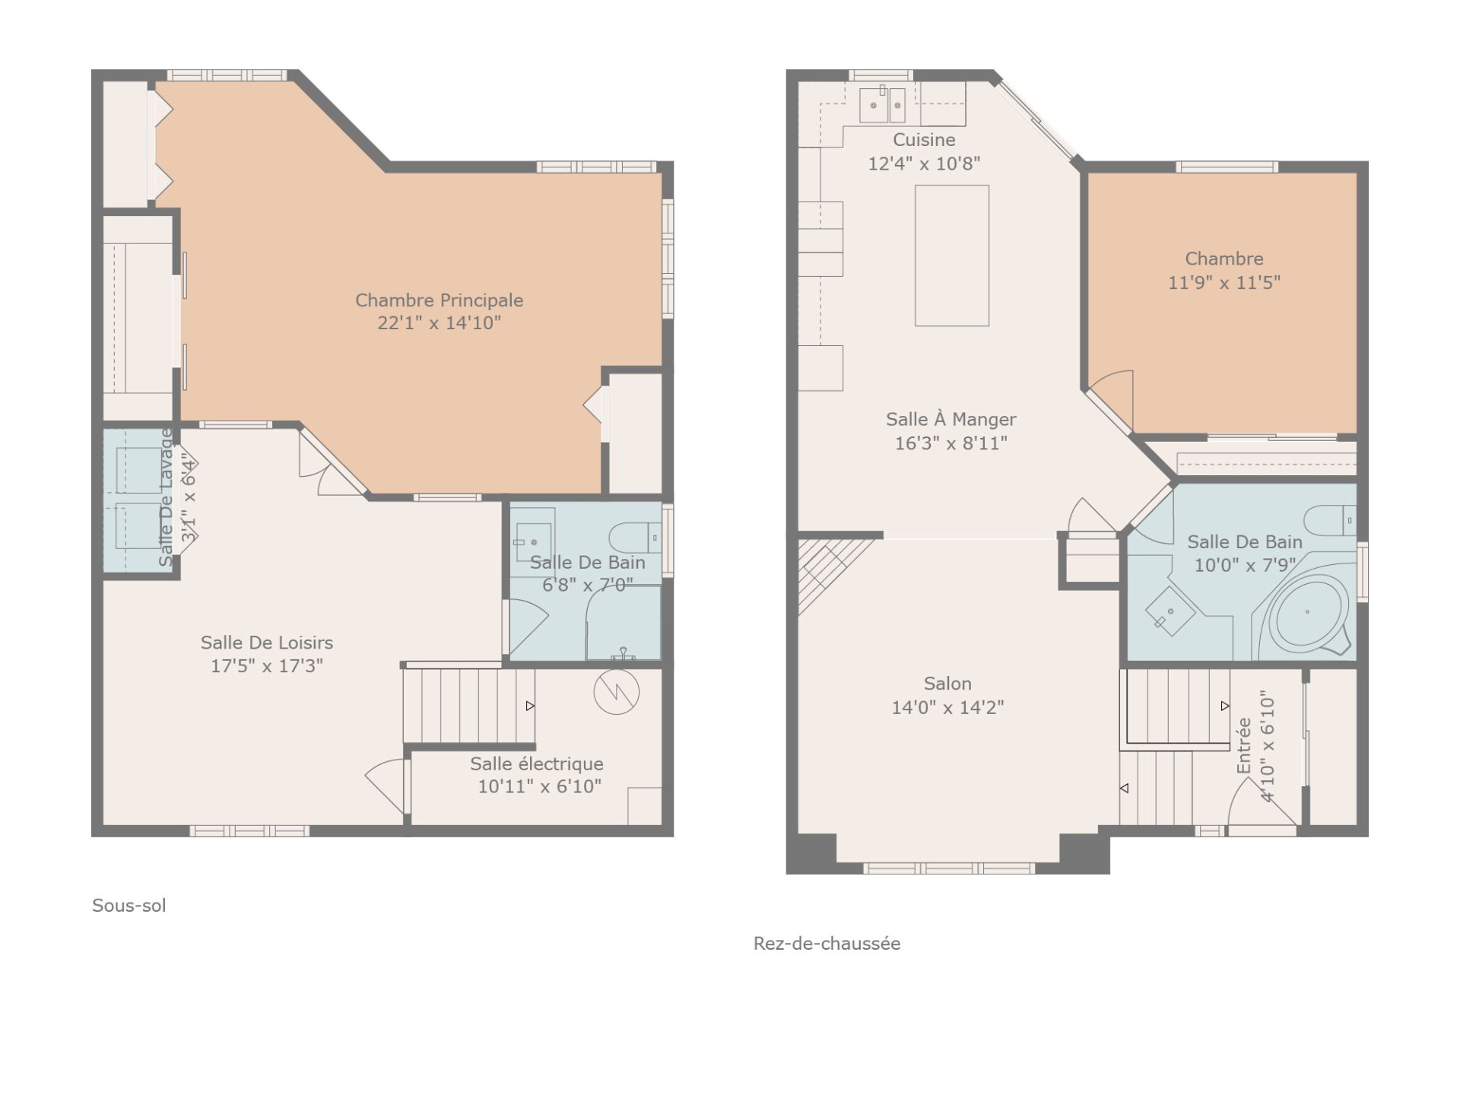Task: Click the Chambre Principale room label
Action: pyautogui.click(x=439, y=300)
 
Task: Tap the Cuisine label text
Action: pyautogui.click(x=924, y=140)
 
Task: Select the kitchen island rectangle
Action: pyautogui.click(x=952, y=255)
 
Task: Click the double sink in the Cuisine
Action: pyautogui.click(x=882, y=105)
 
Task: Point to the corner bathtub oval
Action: pyautogui.click(x=1307, y=611)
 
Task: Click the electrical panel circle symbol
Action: pyautogui.click(x=616, y=691)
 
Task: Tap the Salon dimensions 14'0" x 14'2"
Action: pyautogui.click(x=947, y=707)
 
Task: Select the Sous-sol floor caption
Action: pyautogui.click(x=129, y=906)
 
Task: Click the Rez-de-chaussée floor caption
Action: pyautogui.click(x=827, y=944)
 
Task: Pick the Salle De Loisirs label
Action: pyautogui.click(x=267, y=643)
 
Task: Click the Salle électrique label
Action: pyautogui.click(x=537, y=763)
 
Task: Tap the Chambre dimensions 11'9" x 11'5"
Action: pyautogui.click(x=1224, y=283)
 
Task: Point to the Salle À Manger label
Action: pyautogui.click(x=951, y=419)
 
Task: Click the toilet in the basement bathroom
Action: pyautogui.click(x=636, y=538)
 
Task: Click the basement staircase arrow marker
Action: pyautogui.click(x=530, y=706)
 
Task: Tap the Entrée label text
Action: pyautogui.click(x=1244, y=746)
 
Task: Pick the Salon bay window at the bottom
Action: pyautogui.click(x=948, y=868)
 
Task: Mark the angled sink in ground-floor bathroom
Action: pyautogui.click(x=1170, y=611)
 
